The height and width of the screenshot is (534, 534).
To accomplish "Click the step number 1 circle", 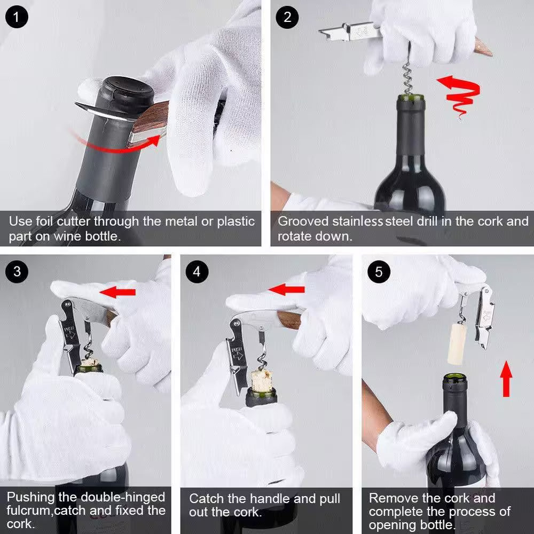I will (x=17, y=17).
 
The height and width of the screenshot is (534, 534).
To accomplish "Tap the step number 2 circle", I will (x=287, y=17).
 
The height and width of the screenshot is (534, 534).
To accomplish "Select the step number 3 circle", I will (x=17, y=271).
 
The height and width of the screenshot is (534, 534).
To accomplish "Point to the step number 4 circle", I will (x=197, y=271).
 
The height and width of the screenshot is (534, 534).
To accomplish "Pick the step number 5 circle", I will (x=379, y=271).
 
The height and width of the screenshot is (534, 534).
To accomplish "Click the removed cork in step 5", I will (x=457, y=342).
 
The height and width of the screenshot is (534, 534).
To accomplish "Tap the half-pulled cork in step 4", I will (x=261, y=381).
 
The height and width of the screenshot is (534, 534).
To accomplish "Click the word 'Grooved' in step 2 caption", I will (x=303, y=222).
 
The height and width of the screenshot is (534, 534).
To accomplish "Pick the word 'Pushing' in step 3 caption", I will (x=31, y=498).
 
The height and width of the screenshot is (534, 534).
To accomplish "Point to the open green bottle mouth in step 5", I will (x=454, y=378).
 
